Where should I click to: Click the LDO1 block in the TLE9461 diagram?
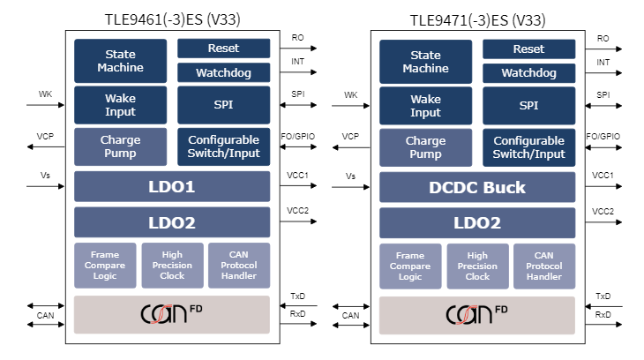point(172,187)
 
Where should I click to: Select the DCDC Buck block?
point(477,187)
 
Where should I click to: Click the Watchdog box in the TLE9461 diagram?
point(223,72)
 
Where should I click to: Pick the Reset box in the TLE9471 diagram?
point(528,49)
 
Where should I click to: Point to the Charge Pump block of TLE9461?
point(120,147)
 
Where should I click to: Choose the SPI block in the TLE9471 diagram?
point(528,105)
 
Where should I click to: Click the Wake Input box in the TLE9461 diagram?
point(120,105)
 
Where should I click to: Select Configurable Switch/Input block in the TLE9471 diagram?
point(528,147)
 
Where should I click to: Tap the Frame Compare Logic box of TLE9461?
point(105,266)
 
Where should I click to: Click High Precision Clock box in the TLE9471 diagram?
point(477,266)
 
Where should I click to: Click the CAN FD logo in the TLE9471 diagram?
point(477,314)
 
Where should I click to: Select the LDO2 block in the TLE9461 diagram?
point(172,222)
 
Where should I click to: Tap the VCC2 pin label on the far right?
point(603,211)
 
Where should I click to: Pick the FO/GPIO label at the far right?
point(603,136)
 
